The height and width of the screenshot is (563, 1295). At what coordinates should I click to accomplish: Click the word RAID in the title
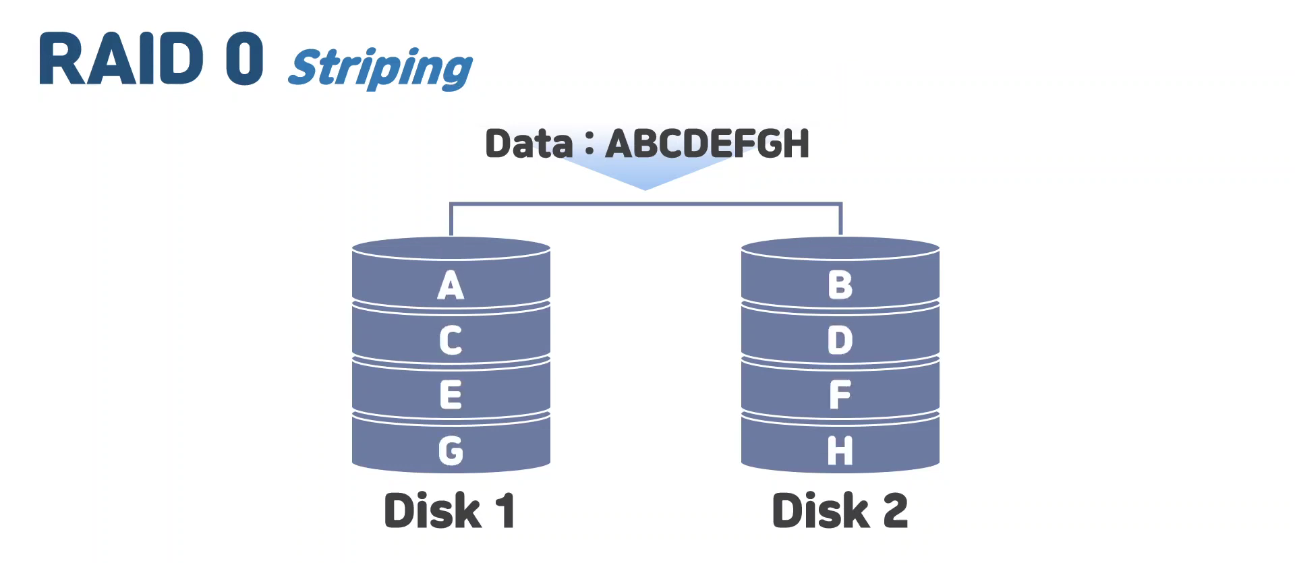click(x=121, y=59)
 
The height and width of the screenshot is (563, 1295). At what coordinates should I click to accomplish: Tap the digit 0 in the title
click(x=244, y=59)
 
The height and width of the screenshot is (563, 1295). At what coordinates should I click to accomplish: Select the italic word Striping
click(x=380, y=67)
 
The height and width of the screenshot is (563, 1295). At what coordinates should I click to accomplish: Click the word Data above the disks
click(x=529, y=144)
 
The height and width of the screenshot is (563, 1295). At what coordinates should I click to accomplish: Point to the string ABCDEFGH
click(x=707, y=144)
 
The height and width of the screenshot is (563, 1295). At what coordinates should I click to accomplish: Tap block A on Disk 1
click(x=451, y=285)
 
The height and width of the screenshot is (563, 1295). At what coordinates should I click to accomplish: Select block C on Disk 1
click(x=451, y=340)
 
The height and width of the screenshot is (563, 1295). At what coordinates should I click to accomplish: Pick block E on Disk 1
click(x=451, y=394)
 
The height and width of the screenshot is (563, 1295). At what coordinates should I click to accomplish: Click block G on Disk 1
click(x=451, y=450)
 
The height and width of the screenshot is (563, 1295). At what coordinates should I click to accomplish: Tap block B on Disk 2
click(x=840, y=285)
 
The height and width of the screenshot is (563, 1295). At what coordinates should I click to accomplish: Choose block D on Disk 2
click(x=840, y=340)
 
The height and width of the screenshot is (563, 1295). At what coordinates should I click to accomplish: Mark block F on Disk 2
click(x=840, y=394)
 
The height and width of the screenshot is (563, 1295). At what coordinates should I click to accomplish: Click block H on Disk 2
click(x=840, y=450)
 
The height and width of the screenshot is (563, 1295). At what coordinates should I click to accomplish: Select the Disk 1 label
click(x=449, y=510)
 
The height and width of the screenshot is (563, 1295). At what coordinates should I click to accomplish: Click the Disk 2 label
click(x=840, y=510)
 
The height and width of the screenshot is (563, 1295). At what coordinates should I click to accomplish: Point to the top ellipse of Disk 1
click(x=451, y=247)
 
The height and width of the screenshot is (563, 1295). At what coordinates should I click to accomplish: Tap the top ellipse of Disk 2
click(x=840, y=247)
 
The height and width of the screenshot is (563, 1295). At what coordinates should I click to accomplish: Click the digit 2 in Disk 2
click(x=894, y=510)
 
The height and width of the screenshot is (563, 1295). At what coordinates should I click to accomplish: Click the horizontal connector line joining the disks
click(x=645, y=203)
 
